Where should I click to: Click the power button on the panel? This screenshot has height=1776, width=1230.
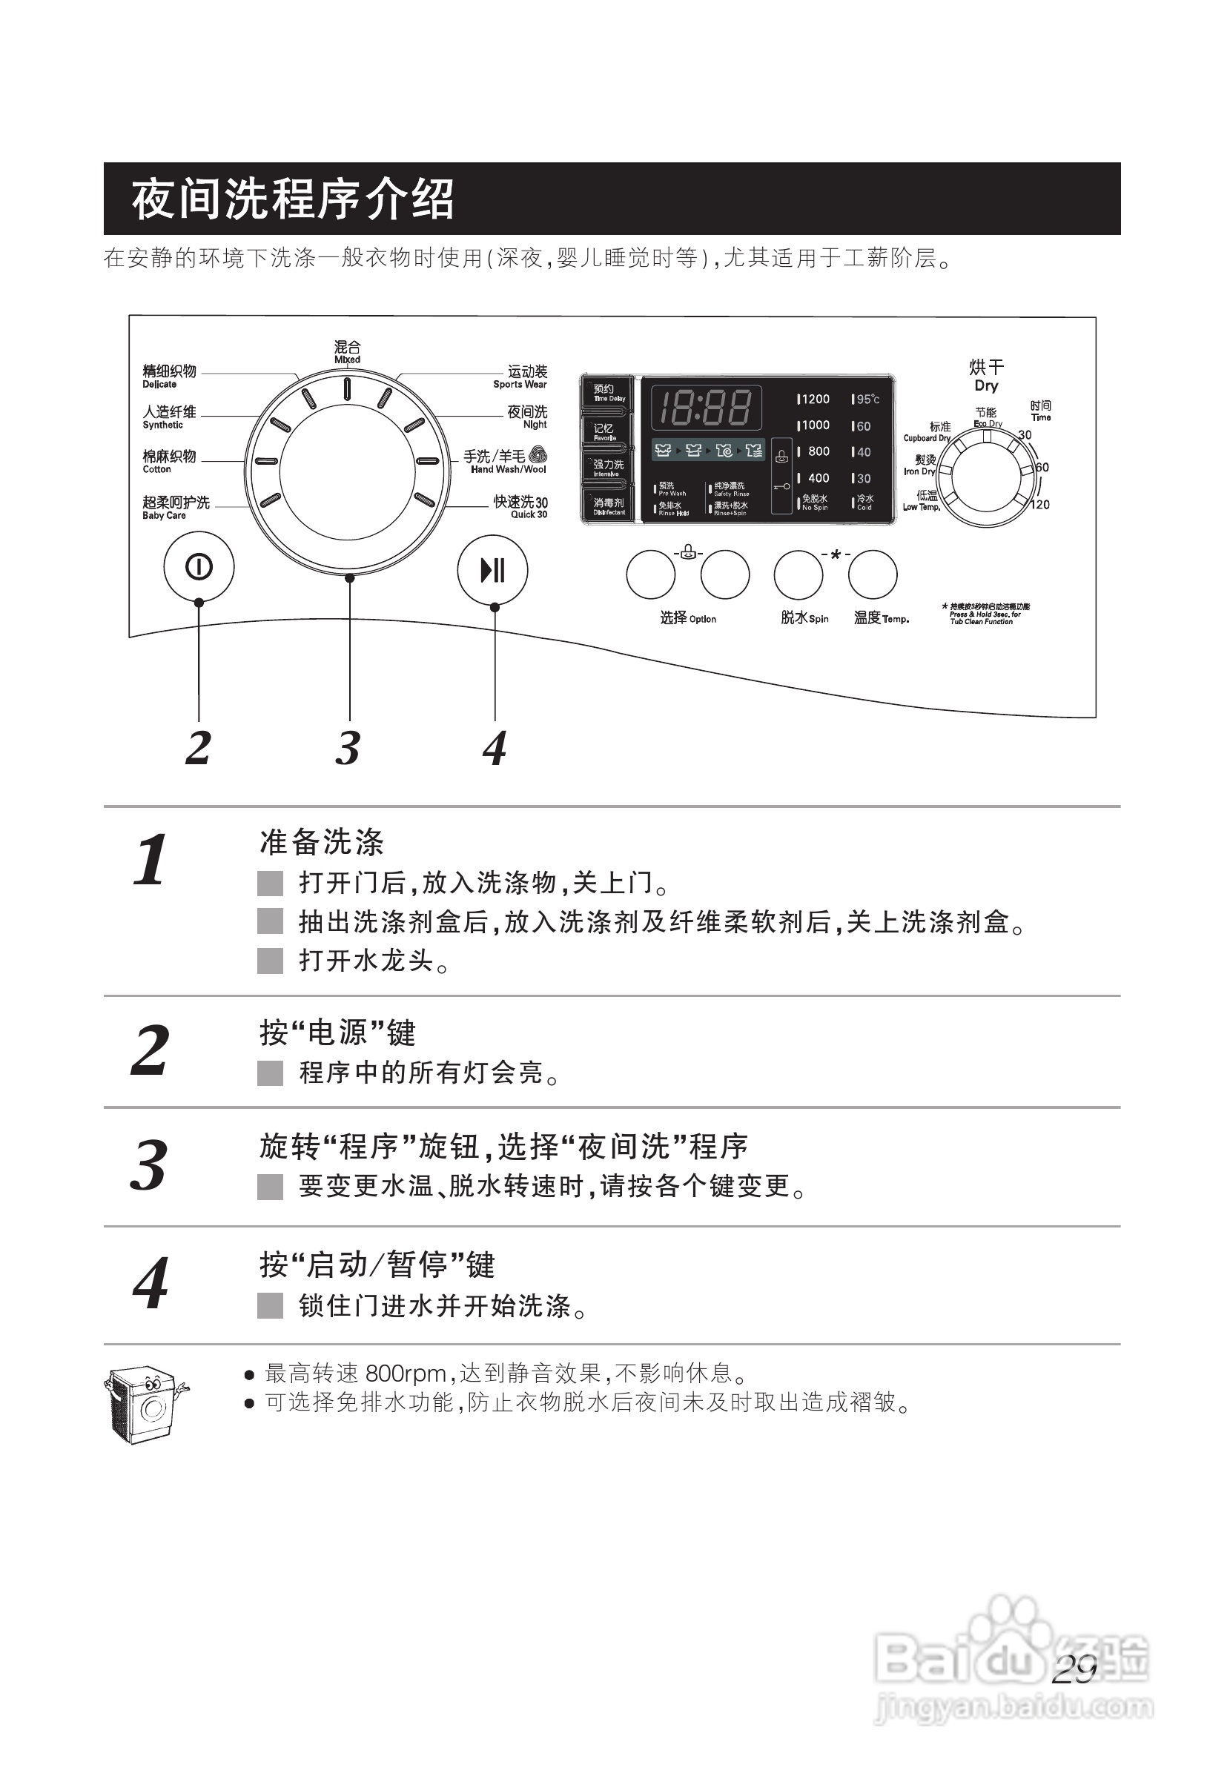(x=199, y=568)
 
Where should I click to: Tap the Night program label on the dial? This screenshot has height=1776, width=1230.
(x=528, y=417)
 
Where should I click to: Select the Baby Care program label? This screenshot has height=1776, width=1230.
(x=175, y=507)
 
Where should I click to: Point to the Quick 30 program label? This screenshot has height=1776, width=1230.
(x=522, y=507)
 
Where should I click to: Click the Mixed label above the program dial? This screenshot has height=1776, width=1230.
(x=347, y=351)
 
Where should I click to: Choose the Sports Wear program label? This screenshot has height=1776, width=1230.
(x=522, y=377)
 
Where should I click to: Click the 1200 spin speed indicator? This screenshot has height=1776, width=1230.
(x=814, y=399)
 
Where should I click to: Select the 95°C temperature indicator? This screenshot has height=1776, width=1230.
(x=866, y=399)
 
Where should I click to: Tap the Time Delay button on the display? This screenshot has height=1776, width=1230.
(x=607, y=393)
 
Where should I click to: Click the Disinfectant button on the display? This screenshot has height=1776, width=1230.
(x=607, y=506)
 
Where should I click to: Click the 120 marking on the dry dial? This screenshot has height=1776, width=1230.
(x=1039, y=505)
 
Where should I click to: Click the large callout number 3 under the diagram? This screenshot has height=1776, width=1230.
(x=348, y=747)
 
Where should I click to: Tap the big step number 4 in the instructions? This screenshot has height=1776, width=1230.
(x=151, y=1284)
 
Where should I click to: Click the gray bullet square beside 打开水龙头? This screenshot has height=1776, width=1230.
(x=270, y=961)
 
